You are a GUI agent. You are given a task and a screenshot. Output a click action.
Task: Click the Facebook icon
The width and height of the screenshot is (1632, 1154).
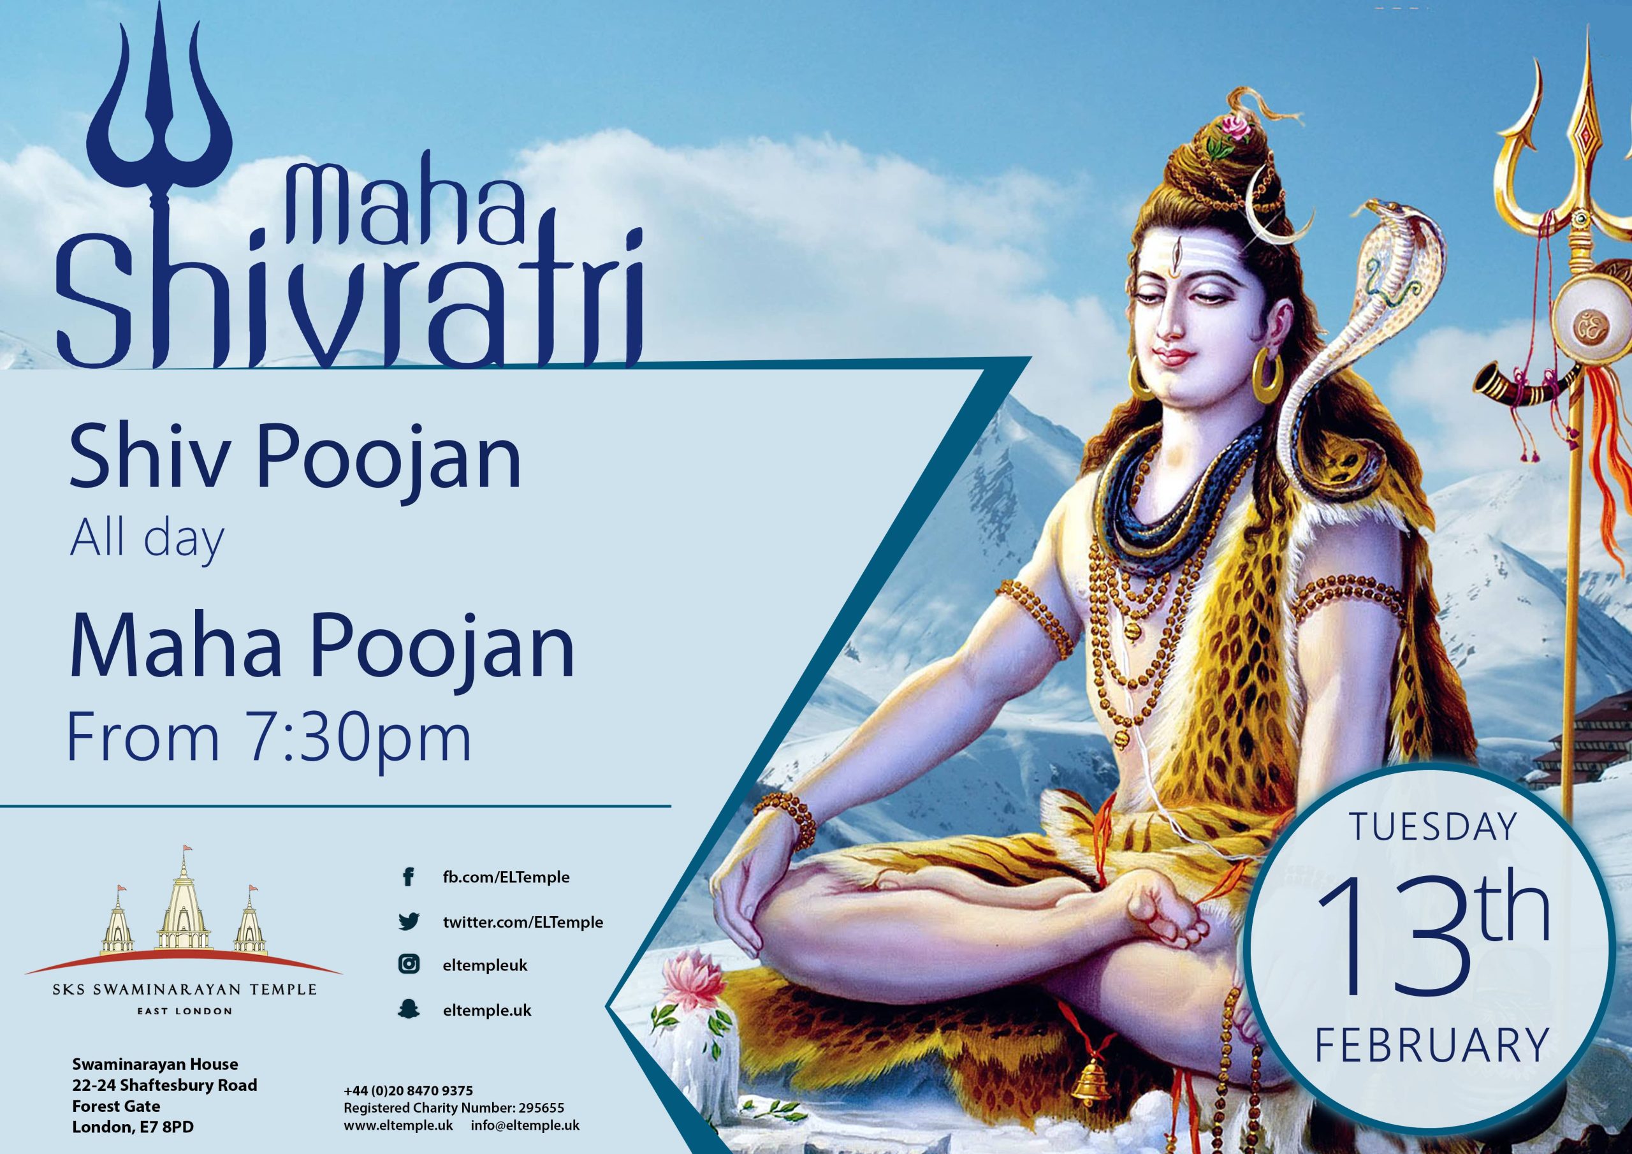click(408, 877)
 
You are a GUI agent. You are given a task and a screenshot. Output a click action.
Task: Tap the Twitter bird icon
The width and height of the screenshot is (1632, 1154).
click(408, 922)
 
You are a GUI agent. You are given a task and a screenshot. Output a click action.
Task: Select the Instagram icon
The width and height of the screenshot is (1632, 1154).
click(408, 965)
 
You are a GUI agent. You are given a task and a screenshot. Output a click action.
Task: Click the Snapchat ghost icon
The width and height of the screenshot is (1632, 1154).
click(408, 1011)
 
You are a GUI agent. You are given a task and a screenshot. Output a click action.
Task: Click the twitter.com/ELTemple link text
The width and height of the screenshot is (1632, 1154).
click(523, 922)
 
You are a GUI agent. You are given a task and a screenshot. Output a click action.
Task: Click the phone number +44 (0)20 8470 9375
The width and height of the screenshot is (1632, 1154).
click(408, 1090)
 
